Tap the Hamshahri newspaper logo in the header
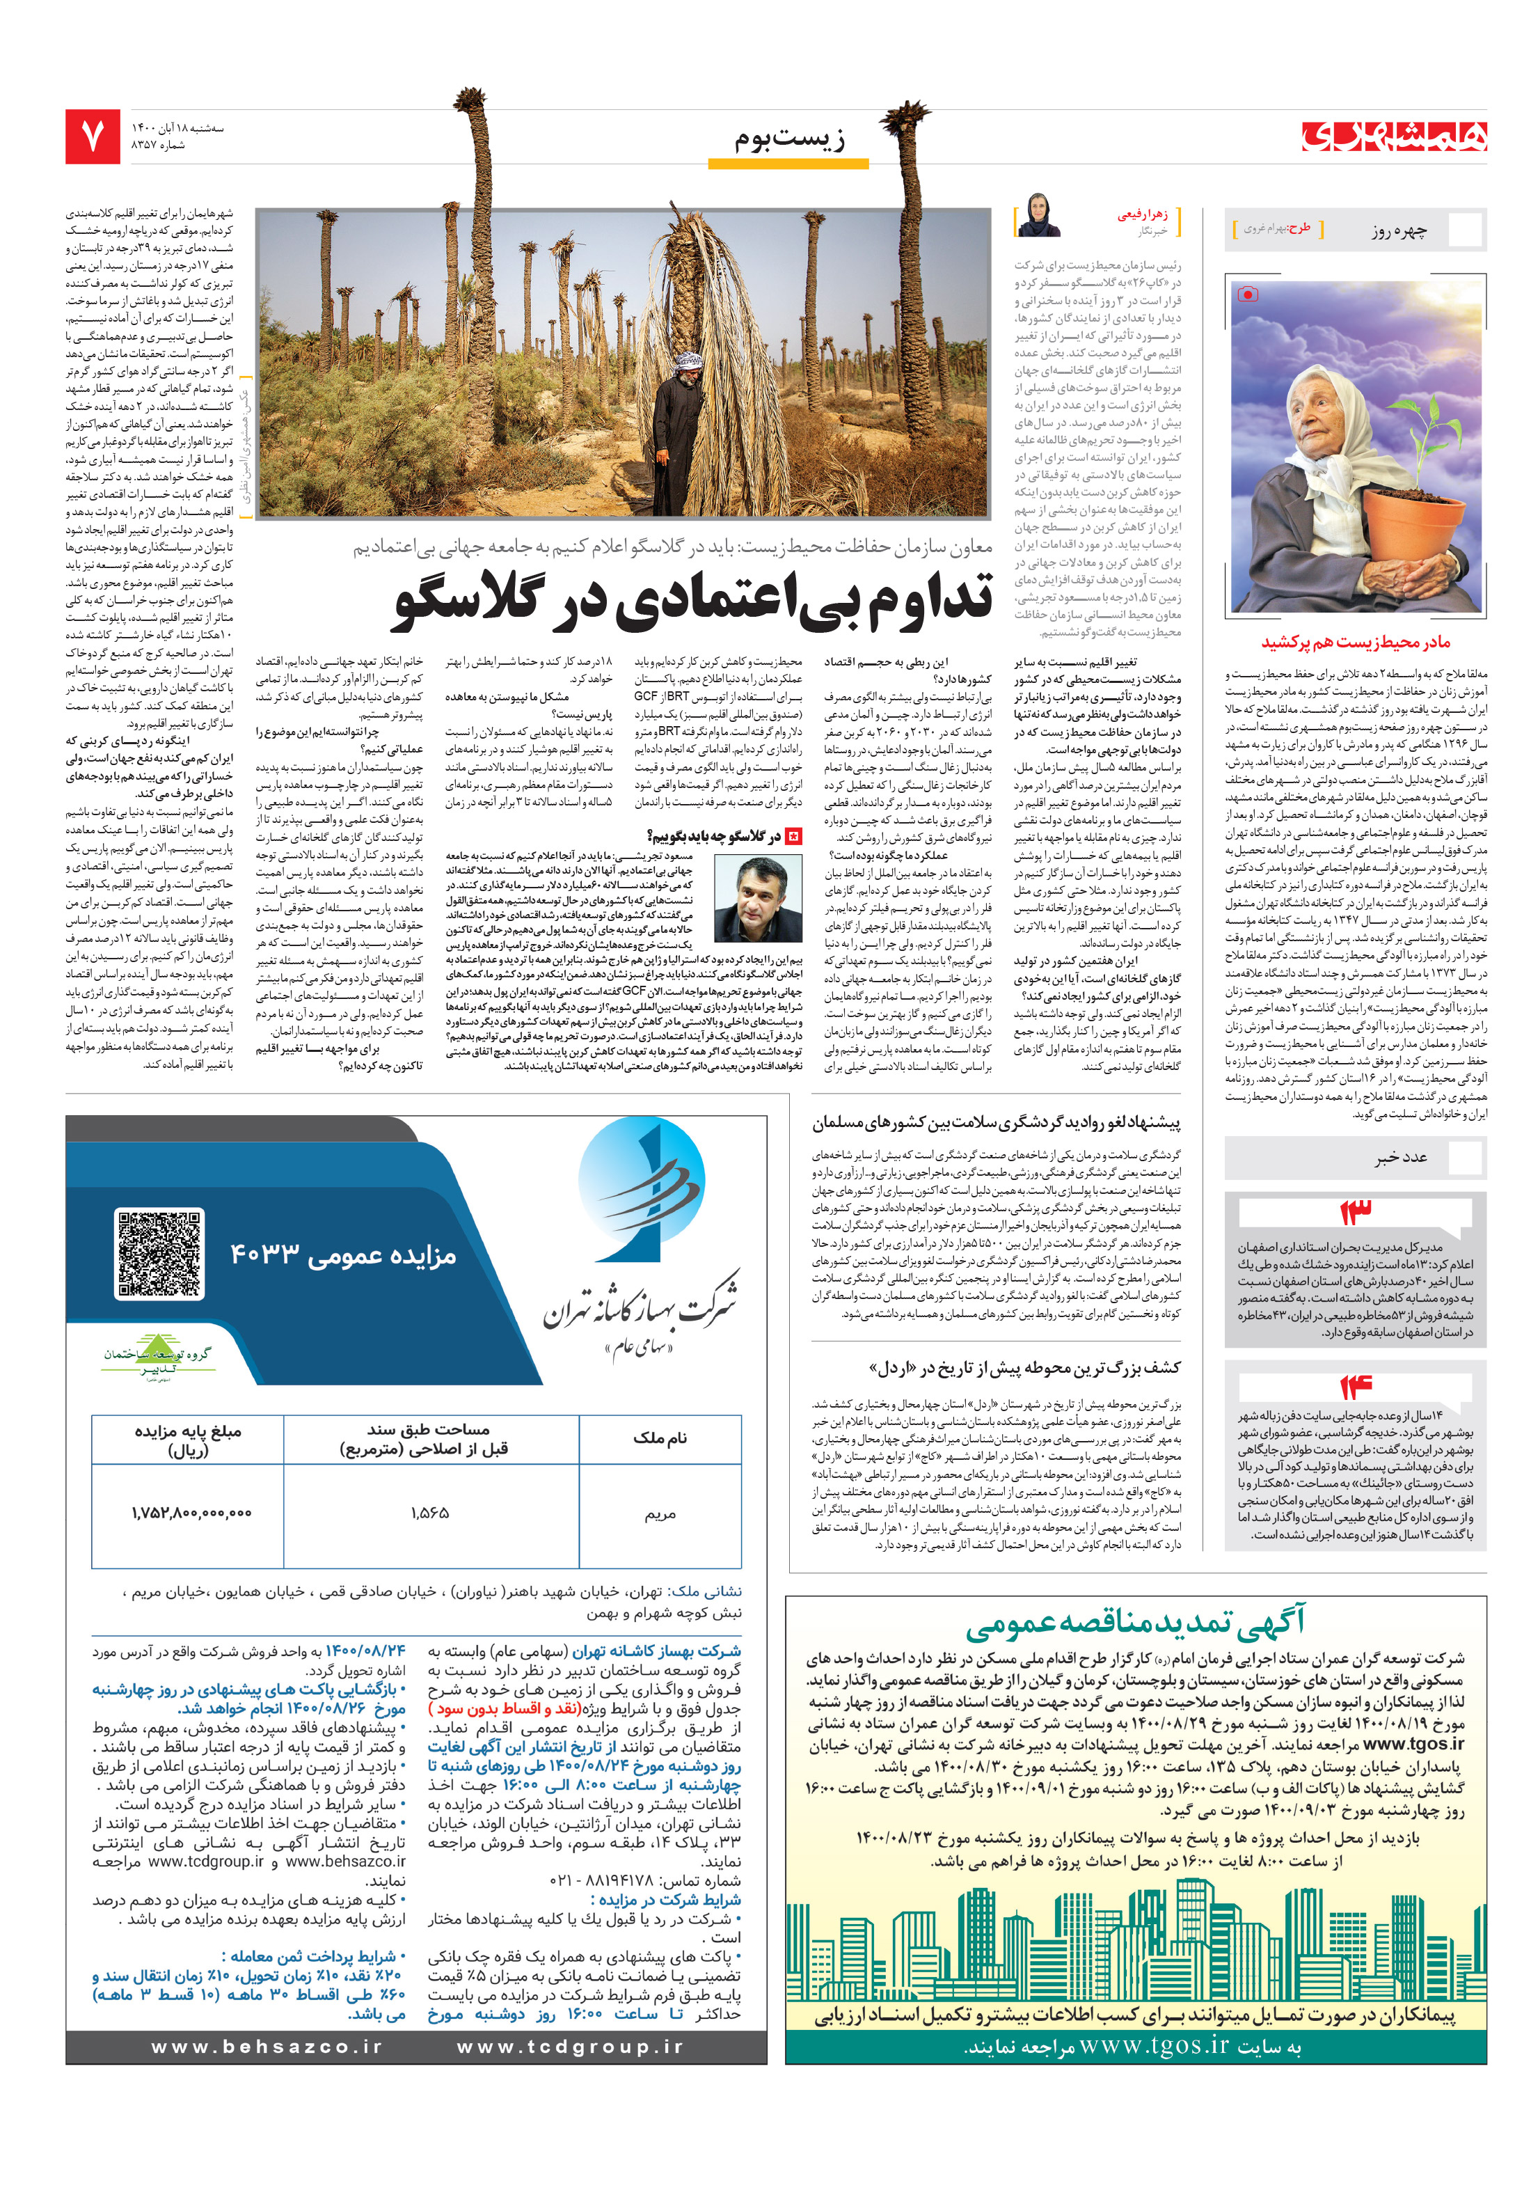point(1393,136)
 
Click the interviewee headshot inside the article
point(756,899)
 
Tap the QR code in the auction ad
point(159,1253)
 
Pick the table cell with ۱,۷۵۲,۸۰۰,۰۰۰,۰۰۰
point(191,1512)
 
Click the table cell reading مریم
point(659,1512)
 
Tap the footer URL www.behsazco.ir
point(267,2046)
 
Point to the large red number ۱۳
point(1355,1212)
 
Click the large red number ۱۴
point(1355,1387)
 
